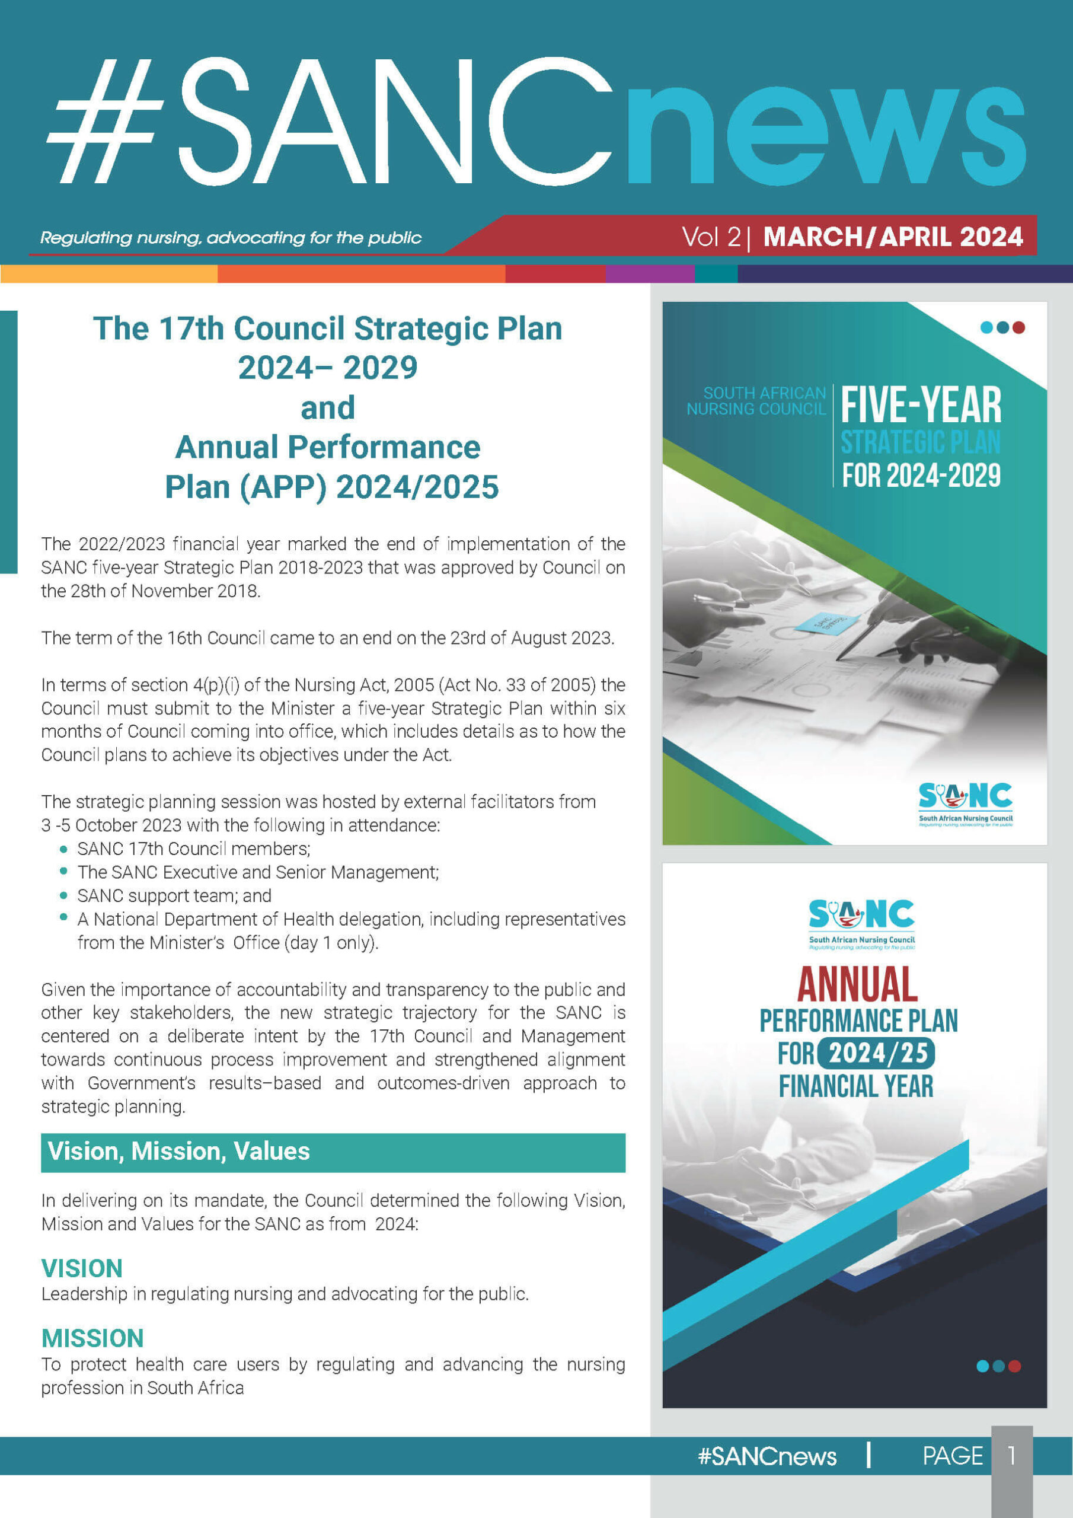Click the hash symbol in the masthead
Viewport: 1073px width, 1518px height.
coord(105,120)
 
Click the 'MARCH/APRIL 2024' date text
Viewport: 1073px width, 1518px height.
coord(893,237)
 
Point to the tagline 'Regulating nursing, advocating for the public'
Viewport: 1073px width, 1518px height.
coord(231,237)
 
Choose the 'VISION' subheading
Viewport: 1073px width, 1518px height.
coord(82,1268)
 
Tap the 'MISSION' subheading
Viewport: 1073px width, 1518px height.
coord(92,1338)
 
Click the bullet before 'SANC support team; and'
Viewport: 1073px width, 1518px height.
coord(63,895)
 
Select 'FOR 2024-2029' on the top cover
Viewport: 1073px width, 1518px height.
coord(921,476)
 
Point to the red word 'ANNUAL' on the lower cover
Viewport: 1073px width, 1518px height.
coord(857,984)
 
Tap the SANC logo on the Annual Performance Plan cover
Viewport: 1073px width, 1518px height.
coord(862,924)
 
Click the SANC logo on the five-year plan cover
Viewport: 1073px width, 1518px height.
coord(965,804)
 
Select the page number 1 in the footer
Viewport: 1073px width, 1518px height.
coord(1011,1455)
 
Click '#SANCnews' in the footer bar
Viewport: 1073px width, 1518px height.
coord(768,1456)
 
